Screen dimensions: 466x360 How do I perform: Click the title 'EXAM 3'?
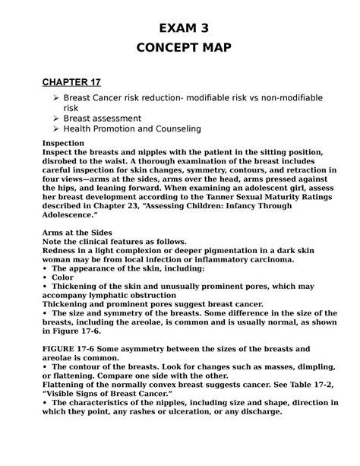point(180,29)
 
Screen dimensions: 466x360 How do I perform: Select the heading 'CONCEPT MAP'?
point(180,49)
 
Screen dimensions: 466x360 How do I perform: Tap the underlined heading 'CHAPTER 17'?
point(71,82)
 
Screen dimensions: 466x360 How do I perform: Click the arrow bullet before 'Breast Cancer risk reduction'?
point(54,99)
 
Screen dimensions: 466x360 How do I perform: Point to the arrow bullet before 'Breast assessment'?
point(54,119)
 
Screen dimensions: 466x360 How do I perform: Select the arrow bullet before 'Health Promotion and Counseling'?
point(54,129)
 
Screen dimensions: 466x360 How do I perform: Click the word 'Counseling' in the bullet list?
point(175,129)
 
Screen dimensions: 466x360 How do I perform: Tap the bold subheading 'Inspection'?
point(64,142)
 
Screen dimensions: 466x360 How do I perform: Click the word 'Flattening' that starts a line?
point(68,385)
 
